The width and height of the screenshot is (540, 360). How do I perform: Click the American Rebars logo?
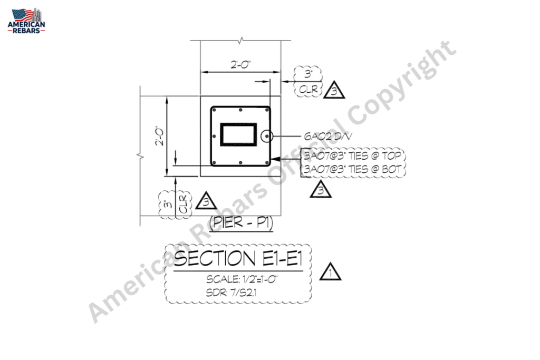(x=26, y=21)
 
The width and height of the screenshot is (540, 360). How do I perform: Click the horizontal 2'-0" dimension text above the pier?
(x=240, y=65)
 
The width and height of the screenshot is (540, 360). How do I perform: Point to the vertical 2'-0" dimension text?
(x=160, y=135)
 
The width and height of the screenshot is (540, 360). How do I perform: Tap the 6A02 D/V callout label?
(x=328, y=137)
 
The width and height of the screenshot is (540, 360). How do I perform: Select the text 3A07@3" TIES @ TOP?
(x=352, y=156)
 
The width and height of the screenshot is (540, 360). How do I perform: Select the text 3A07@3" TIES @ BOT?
(x=352, y=169)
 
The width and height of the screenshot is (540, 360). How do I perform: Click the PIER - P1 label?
(x=241, y=222)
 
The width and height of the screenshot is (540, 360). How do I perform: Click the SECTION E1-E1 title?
(x=238, y=258)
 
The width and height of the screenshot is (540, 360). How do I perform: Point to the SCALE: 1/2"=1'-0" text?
(x=242, y=279)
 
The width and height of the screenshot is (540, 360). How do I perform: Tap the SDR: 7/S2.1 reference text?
(x=231, y=293)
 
